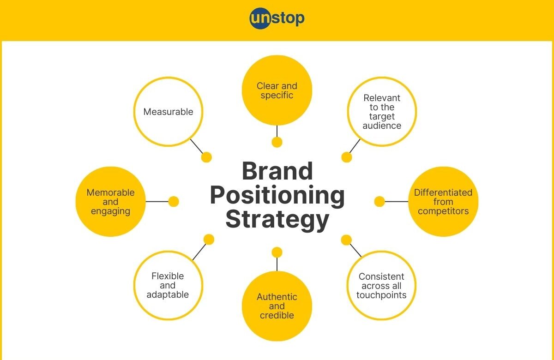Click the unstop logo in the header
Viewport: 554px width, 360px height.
point(277,18)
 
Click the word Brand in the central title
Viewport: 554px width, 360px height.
point(277,171)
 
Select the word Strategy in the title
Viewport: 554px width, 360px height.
point(277,220)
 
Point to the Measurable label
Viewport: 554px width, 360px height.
point(168,112)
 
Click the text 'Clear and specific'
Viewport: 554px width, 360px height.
point(277,90)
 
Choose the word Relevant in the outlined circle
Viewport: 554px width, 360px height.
point(382,98)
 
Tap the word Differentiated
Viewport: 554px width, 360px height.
point(443,192)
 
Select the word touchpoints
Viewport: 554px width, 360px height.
point(381,295)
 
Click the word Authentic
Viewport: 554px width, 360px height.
point(277,297)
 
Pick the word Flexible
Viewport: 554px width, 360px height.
point(168,276)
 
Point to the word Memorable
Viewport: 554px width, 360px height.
point(110,192)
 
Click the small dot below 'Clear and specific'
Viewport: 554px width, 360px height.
point(277,142)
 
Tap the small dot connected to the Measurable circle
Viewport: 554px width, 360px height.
point(206,157)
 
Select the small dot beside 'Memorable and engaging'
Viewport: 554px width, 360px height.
point(174,202)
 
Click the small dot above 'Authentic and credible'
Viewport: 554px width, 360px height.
point(277,252)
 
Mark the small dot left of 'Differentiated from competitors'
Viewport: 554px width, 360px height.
point(379,202)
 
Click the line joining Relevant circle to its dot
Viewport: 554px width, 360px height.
point(355,146)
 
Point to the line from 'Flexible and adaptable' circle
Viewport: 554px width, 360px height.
point(199,252)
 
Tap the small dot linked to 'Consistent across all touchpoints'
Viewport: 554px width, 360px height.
point(346,240)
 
